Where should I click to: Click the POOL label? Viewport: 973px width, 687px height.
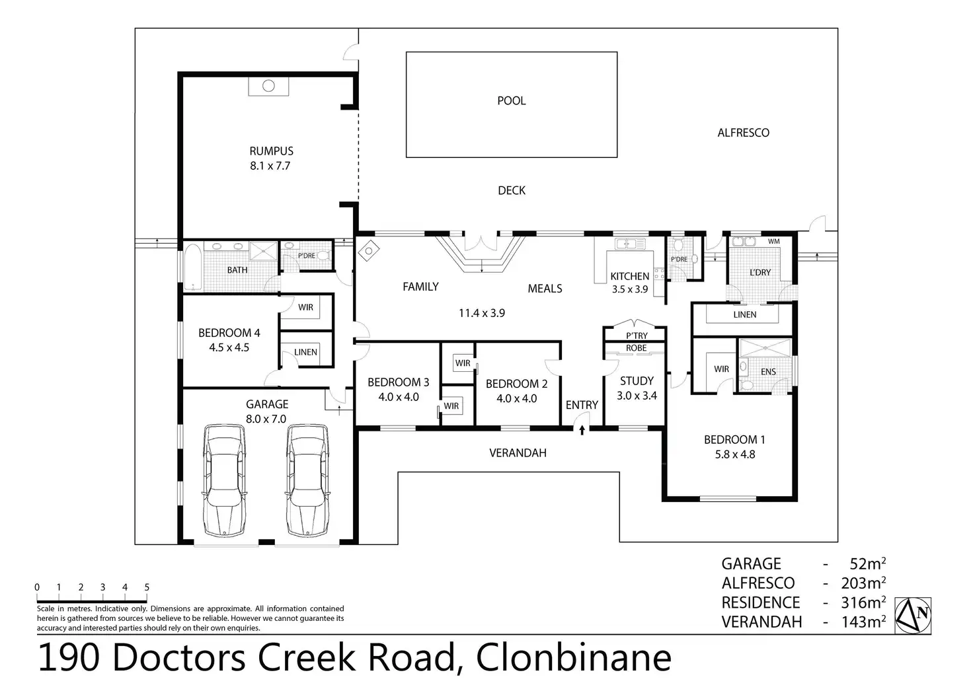pyautogui.click(x=511, y=100)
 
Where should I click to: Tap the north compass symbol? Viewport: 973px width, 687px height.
pyautogui.click(x=913, y=615)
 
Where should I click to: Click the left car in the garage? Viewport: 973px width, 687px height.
pyautogui.click(x=223, y=480)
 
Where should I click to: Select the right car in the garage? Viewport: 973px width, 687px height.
pyautogui.click(x=307, y=480)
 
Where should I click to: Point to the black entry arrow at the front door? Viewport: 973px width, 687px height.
pyautogui.click(x=582, y=429)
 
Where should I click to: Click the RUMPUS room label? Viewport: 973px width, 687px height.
pyautogui.click(x=271, y=151)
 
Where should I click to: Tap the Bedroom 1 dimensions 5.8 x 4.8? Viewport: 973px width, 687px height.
pyautogui.click(x=735, y=454)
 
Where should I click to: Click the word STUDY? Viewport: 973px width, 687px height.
pyautogui.click(x=637, y=381)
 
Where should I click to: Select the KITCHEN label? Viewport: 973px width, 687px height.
pyautogui.click(x=630, y=276)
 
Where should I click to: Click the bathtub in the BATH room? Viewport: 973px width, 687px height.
pyautogui.click(x=192, y=266)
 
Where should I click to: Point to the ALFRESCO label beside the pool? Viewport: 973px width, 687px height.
pyautogui.click(x=743, y=133)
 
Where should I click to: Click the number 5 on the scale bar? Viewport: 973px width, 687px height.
pyautogui.click(x=147, y=587)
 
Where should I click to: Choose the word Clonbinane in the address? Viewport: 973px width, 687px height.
pyautogui.click(x=574, y=658)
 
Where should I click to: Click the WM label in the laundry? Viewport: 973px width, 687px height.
pyautogui.click(x=773, y=241)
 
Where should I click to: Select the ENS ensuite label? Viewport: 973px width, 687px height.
pyautogui.click(x=768, y=371)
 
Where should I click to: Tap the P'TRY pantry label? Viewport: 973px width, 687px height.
pyautogui.click(x=637, y=336)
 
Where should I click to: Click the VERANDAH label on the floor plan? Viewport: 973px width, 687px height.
pyautogui.click(x=518, y=453)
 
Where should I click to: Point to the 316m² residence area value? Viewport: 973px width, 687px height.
pyautogui.click(x=863, y=602)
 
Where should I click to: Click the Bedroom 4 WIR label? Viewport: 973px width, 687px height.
pyautogui.click(x=306, y=307)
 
